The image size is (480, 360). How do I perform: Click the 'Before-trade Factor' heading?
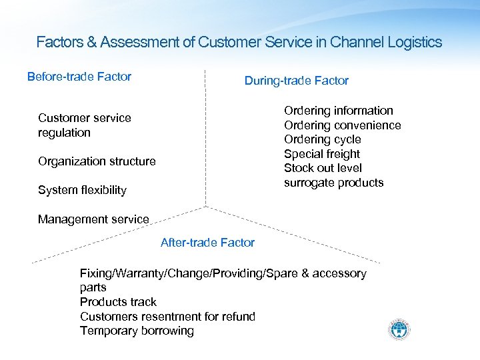pos(79,77)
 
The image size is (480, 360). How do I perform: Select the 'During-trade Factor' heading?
pos(296,81)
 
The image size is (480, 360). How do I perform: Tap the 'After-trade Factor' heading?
pos(207,243)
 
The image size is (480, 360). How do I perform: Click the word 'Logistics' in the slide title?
pos(413,43)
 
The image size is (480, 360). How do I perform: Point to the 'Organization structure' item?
pos(97,161)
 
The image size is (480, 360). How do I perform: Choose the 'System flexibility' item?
pos(82,190)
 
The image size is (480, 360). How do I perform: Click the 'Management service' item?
pos(93,219)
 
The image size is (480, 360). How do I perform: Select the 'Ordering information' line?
pos(339,111)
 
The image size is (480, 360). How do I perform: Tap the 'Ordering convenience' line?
pos(343,125)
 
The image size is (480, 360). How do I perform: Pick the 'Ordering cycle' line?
pos(323,139)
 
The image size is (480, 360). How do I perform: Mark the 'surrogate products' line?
pos(334,183)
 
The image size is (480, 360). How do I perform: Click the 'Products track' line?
pos(118,302)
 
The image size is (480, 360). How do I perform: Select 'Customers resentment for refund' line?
pos(167,317)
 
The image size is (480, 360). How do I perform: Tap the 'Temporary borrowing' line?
pos(137,331)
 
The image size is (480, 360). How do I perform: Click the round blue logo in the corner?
pos(399,330)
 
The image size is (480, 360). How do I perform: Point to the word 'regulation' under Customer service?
pos(64,133)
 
